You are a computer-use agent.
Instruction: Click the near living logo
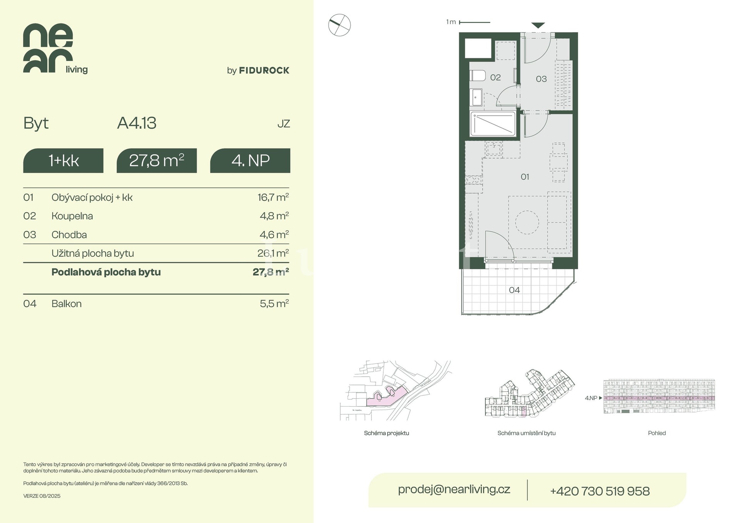[x=55, y=49]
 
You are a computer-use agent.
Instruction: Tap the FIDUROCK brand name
[x=264, y=70]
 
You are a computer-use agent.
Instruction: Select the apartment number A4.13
[x=137, y=123]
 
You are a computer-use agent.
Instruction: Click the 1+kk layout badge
[x=64, y=161]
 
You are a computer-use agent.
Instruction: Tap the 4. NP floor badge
[x=250, y=161]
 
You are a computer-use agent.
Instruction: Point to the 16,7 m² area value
[x=273, y=197]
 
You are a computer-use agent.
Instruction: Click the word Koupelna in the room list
[x=72, y=216]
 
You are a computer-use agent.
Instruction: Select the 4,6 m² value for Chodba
[x=274, y=235]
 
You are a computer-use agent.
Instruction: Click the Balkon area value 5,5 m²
[x=274, y=303]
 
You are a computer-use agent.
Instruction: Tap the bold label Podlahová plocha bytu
[x=106, y=272]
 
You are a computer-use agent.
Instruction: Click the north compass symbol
[x=339, y=25]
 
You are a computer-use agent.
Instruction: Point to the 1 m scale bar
[x=475, y=22]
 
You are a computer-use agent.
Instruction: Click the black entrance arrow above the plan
[x=538, y=25]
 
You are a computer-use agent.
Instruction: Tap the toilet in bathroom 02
[x=478, y=75]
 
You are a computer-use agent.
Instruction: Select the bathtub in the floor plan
[x=493, y=124]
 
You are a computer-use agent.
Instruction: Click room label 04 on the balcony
[x=514, y=290]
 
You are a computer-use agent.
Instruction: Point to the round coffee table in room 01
[x=527, y=222]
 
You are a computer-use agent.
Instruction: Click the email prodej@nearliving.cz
[x=454, y=489]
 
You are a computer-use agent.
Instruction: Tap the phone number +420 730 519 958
[x=600, y=491]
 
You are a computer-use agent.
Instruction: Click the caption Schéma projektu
[x=386, y=433]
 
